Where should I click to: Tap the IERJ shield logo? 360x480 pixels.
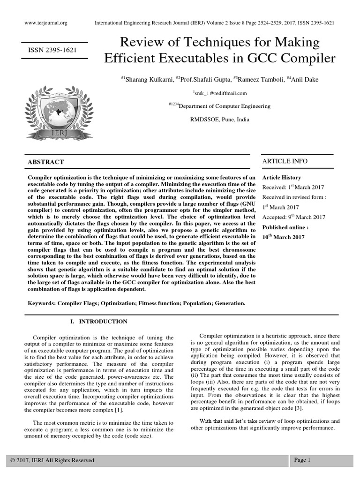tap(56, 107)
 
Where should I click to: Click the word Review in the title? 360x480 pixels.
tap(142, 43)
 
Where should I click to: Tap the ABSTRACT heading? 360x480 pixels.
tap(46, 162)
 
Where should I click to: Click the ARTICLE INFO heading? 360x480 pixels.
tap(285, 161)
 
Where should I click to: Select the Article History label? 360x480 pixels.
tap(281, 178)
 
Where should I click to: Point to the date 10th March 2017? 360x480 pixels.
tap(283, 237)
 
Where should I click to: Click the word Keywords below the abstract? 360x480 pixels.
tap(42, 303)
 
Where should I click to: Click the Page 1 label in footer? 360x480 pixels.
tap(302, 460)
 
